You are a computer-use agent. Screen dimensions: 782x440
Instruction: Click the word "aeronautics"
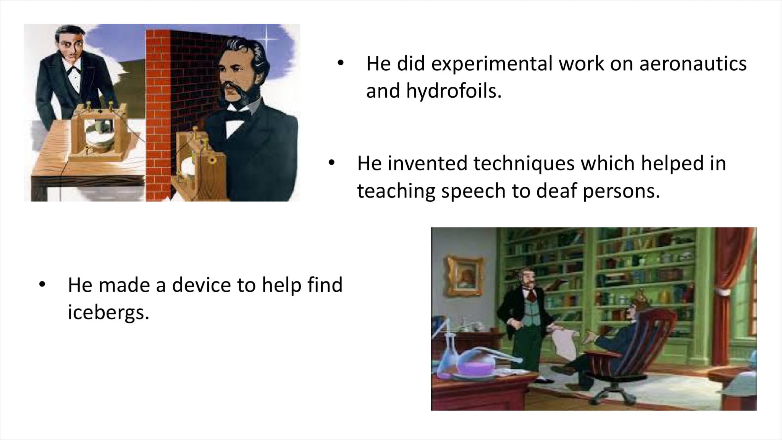(x=693, y=63)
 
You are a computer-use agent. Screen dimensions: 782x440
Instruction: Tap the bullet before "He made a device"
(x=42, y=285)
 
